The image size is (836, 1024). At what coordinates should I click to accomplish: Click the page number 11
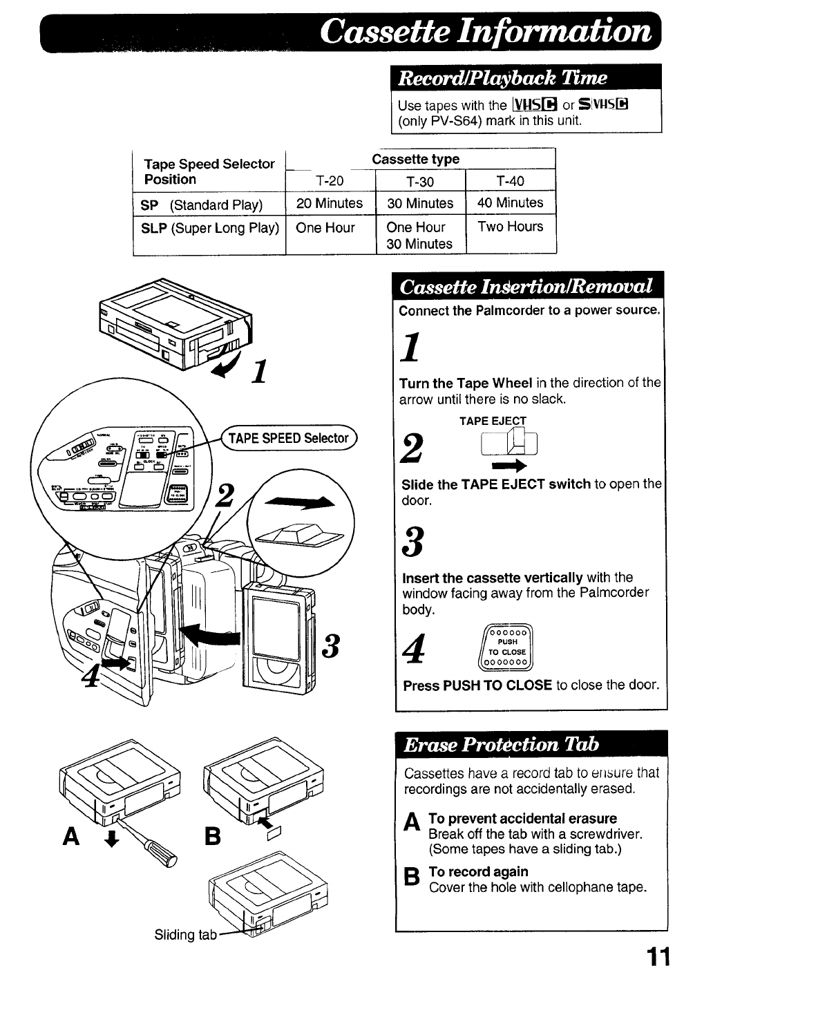658,958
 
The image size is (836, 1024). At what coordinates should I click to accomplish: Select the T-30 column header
420,182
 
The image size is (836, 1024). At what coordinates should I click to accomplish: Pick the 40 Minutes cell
510,203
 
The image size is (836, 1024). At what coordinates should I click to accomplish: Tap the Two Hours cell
510,227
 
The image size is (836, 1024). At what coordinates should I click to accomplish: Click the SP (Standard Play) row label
202,205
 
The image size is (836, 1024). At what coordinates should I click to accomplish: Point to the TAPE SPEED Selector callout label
289,438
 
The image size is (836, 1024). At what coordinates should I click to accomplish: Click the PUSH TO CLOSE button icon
507,647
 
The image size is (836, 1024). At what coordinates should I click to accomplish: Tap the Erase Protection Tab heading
502,745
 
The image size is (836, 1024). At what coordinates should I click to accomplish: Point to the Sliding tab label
185,935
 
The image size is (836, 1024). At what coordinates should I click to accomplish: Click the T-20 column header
330,181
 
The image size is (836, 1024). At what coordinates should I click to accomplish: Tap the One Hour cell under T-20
325,228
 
